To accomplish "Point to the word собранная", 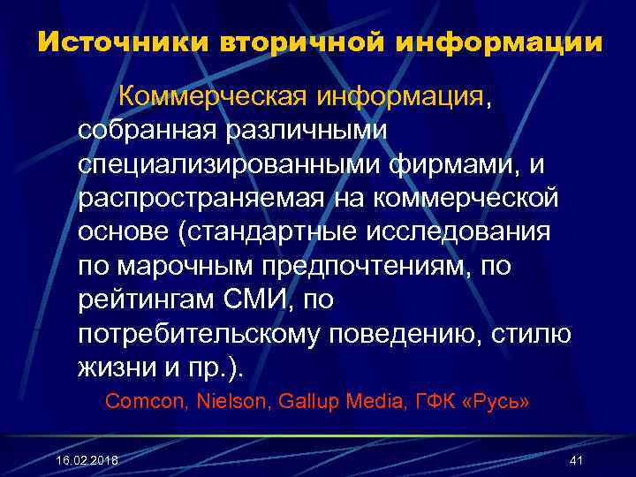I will tap(147, 130).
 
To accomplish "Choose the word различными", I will tap(304, 130).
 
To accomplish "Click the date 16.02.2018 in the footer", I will tap(86, 461).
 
